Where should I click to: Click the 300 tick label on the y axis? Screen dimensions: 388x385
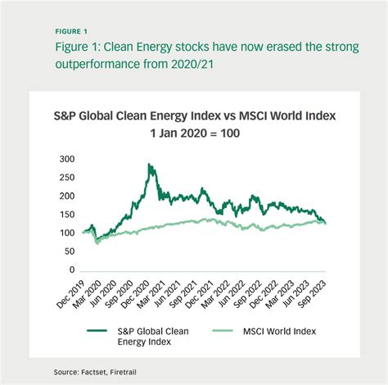[67, 159]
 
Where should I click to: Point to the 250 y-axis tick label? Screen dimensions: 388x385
[67, 178]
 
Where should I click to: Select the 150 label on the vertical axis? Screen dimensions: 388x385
[67, 215]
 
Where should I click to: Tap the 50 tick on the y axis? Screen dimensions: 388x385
[70, 251]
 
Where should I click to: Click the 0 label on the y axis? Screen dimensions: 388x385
[72, 269]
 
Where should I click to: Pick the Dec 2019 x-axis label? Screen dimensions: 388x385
[70, 294]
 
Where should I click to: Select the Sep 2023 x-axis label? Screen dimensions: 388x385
[312, 294]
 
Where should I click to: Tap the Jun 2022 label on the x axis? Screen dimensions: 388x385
[232, 294]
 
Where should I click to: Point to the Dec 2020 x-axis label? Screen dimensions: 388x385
[135, 294]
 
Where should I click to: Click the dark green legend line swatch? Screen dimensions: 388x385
[97, 331]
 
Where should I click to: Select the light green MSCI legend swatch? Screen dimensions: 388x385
[223, 331]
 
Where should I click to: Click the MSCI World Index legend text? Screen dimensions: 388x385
[279, 331]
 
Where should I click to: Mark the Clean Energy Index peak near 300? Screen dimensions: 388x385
[149, 164]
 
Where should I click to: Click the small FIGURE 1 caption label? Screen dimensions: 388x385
[71, 32]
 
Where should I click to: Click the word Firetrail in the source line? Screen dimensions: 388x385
[124, 372]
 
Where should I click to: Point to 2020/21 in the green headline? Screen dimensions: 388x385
[192, 64]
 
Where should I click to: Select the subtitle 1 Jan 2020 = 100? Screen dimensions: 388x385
[195, 134]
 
